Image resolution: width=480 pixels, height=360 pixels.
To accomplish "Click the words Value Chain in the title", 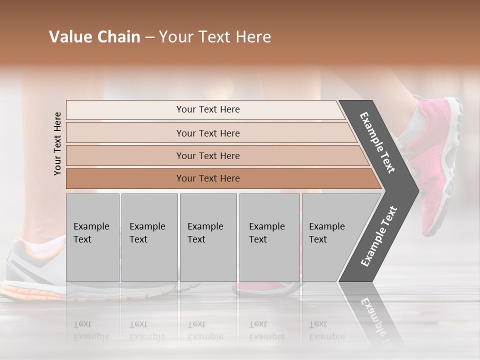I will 94,37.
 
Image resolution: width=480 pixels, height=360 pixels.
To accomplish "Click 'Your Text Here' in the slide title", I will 215,37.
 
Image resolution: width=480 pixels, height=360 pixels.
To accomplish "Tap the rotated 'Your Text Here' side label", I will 57,143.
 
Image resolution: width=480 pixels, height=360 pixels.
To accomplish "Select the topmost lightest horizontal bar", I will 207,109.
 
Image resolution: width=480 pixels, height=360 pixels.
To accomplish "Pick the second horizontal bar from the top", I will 207,133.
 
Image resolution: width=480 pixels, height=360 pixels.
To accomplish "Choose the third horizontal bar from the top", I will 207,155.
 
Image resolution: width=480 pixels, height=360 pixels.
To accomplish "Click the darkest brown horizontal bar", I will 207,178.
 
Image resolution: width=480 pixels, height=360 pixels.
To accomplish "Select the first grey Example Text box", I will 92,237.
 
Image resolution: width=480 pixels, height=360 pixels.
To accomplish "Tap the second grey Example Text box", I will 149,237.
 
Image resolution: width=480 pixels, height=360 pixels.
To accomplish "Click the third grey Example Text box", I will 208,237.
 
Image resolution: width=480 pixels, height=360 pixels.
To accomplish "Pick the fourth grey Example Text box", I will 269,237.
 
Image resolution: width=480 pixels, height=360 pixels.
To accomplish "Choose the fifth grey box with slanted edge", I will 330,237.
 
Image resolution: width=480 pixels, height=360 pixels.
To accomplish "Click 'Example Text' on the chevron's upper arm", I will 377,142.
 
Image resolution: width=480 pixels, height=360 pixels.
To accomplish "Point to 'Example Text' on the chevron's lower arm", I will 379,236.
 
